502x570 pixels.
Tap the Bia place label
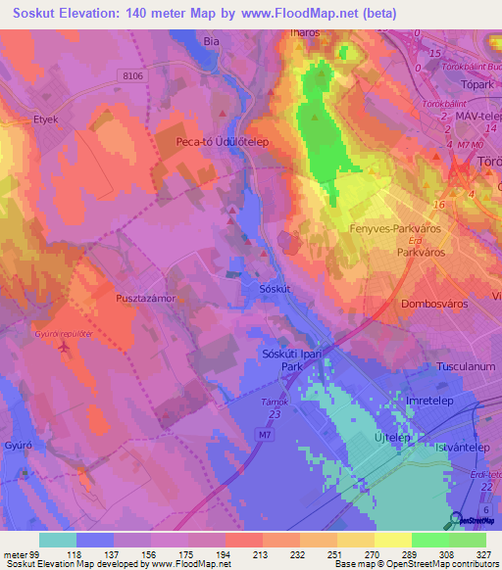click(x=210, y=42)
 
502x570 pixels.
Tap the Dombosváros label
click(x=434, y=304)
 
